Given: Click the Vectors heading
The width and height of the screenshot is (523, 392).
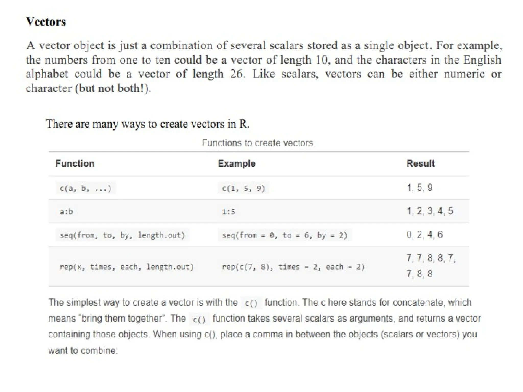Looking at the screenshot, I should [x=46, y=22].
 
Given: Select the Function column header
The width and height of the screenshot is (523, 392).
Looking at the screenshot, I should [x=75, y=163].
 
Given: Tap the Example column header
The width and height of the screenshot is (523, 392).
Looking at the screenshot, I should [x=236, y=163].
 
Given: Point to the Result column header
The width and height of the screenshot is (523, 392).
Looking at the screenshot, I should [x=420, y=163].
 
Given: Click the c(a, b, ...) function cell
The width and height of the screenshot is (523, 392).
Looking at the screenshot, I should [x=86, y=188].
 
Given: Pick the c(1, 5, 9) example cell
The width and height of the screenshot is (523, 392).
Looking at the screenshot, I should [x=243, y=188].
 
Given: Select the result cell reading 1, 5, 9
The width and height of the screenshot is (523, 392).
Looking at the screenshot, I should [x=419, y=188].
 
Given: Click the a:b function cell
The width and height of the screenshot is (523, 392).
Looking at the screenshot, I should [x=66, y=212].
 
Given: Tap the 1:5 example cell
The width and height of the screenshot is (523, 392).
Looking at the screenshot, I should [x=228, y=212].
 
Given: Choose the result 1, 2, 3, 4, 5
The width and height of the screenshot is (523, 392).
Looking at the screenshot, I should [x=430, y=211].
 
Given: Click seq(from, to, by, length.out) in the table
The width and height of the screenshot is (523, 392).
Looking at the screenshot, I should [x=122, y=235].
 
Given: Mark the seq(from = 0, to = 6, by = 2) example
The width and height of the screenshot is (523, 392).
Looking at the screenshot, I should [x=284, y=235].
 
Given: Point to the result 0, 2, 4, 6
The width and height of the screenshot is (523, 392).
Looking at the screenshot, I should [x=424, y=235].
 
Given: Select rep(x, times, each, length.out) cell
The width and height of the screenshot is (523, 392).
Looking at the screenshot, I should [x=127, y=267].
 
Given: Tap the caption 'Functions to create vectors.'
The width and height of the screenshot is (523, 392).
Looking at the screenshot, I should [x=258, y=143].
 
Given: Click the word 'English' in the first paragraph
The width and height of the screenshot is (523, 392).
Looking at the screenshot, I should [x=482, y=60].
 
